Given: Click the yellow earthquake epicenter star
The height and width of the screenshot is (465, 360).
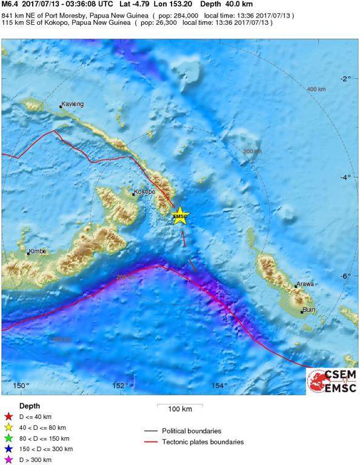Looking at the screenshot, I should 179,216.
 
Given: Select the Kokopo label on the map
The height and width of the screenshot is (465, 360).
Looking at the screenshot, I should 144,192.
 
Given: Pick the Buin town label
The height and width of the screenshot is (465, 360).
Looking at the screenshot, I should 309,311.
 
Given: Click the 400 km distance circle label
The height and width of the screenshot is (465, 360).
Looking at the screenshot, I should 316,89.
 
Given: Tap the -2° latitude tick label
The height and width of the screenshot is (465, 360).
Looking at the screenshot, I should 344,79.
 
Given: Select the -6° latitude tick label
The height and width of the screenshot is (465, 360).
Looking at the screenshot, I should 344,276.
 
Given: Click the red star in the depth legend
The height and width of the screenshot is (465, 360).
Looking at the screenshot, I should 8,417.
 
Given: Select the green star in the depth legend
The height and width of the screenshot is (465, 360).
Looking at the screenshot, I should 8,438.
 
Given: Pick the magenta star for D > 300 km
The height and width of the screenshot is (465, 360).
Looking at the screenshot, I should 8,460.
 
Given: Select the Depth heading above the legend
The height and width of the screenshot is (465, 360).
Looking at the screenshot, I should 30,406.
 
